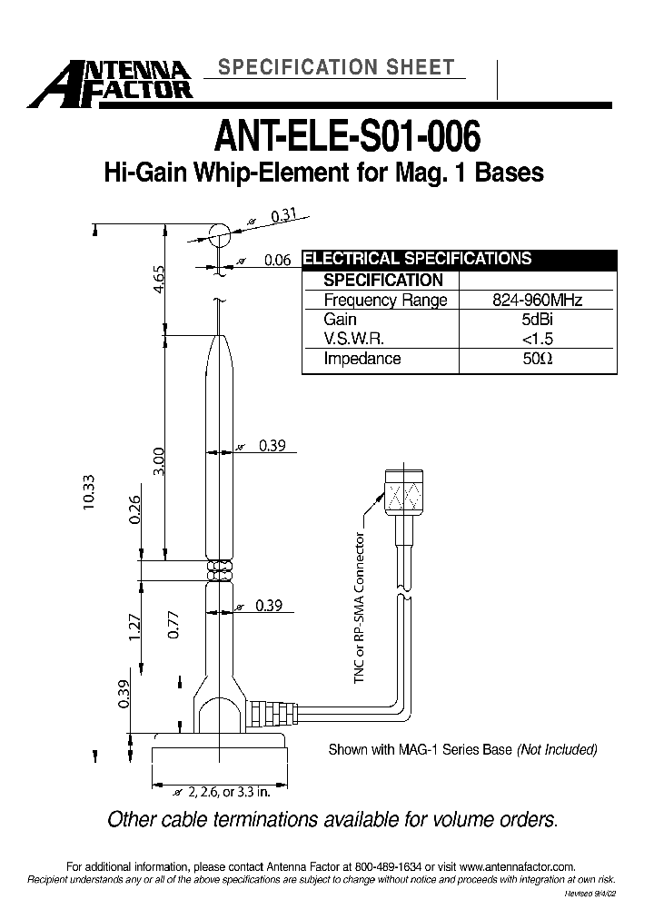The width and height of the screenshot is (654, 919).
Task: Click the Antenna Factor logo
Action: click(x=109, y=80)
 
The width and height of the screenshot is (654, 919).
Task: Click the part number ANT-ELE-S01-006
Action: click(x=346, y=137)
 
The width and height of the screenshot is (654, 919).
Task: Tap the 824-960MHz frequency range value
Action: click(x=538, y=301)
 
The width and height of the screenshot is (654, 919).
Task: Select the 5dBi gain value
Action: click(x=538, y=320)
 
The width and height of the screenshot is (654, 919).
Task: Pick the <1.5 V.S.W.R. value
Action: click(x=538, y=339)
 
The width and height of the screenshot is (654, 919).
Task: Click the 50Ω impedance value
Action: click(x=538, y=359)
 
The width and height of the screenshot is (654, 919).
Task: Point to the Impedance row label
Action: click(x=362, y=359)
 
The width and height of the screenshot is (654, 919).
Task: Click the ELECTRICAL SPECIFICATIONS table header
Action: click(x=416, y=259)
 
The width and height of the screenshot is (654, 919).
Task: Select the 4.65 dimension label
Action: click(x=160, y=276)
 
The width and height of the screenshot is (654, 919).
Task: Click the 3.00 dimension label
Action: click(x=160, y=459)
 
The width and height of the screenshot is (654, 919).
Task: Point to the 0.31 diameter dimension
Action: click(x=284, y=216)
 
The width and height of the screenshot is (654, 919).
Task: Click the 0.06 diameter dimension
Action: click(x=277, y=261)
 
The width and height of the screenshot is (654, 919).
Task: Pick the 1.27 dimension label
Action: click(x=135, y=627)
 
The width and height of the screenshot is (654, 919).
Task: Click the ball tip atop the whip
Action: click(x=218, y=234)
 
